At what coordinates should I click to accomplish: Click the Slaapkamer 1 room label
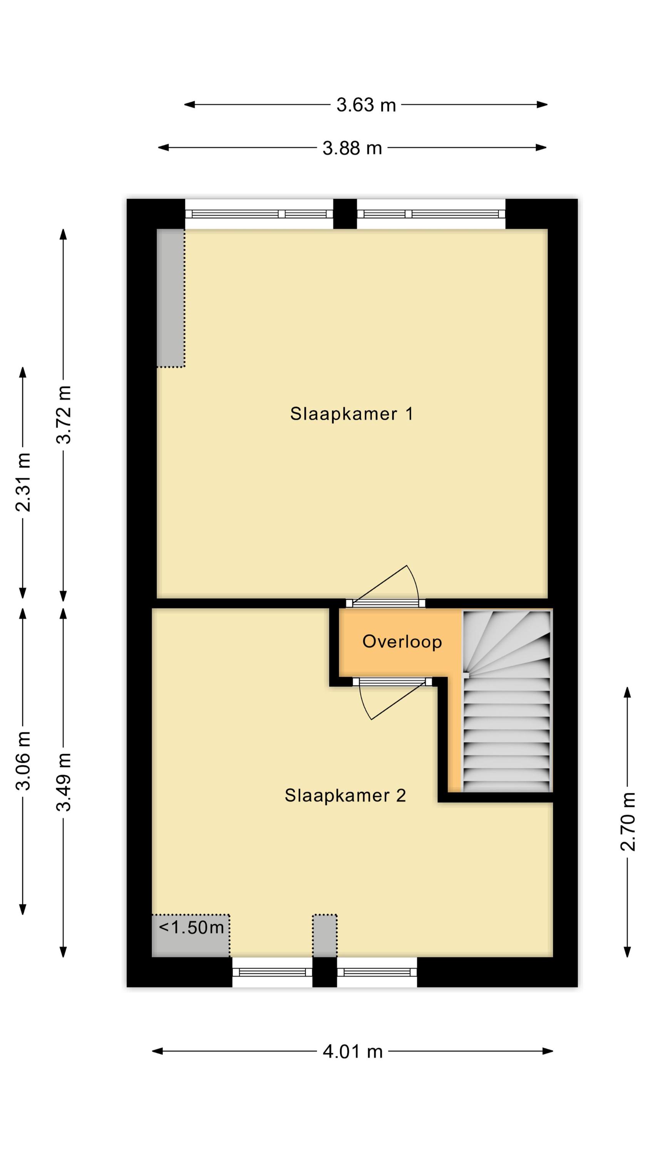tap(351, 414)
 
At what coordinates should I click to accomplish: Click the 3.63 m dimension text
tap(366, 105)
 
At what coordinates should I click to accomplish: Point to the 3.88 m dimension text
tap(352, 148)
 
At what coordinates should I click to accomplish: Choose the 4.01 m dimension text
tap(353, 1052)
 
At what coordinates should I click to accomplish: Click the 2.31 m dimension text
tap(23, 482)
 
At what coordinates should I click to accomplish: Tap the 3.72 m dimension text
tap(64, 415)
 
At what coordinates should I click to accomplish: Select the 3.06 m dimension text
tap(23, 761)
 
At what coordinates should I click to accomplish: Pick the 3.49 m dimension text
tap(64, 783)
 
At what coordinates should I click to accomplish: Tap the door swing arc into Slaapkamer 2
tap(364, 703)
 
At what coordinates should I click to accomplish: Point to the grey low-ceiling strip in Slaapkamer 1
tap(171, 298)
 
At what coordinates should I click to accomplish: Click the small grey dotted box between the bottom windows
tap(325, 935)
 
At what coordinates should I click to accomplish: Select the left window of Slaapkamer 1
tap(259, 215)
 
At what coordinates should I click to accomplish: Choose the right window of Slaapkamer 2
tap(377, 972)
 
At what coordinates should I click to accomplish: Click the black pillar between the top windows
tap(345, 214)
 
